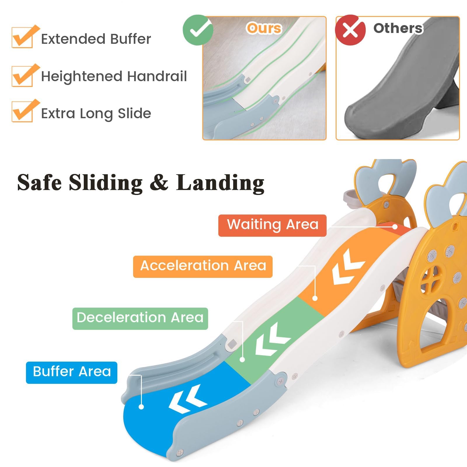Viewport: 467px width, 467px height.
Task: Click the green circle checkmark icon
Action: [x=198, y=30]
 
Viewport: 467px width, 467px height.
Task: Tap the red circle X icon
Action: [x=350, y=30]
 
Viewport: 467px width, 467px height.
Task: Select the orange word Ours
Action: [x=264, y=28]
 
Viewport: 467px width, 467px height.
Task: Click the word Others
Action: [x=398, y=28]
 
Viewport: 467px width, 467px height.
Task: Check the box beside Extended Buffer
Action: [x=22, y=37]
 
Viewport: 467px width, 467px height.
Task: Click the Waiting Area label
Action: [x=272, y=225]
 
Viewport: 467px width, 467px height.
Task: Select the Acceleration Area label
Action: [x=203, y=266]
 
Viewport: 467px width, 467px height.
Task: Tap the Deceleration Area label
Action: [x=140, y=318]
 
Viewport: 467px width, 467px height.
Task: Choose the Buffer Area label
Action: [x=72, y=372]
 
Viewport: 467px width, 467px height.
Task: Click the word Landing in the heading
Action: [x=220, y=183]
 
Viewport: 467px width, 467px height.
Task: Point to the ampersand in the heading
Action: [x=159, y=183]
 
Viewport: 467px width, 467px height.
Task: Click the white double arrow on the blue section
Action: [x=188, y=399]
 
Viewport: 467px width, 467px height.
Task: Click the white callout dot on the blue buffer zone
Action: [x=141, y=407]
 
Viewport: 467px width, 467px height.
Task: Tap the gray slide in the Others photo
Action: [x=400, y=85]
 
